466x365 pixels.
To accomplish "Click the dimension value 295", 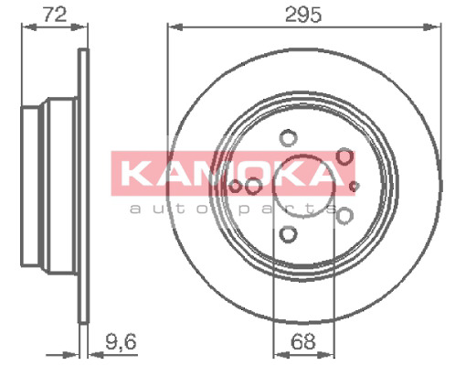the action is click(303, 15).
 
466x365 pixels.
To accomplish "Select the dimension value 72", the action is click(55, 15).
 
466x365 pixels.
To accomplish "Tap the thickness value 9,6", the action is click(121, 341).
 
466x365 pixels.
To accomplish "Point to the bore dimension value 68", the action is click(302, 341).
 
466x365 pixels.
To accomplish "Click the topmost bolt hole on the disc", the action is click(288, 138).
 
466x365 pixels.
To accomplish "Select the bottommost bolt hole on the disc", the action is click(288, 234).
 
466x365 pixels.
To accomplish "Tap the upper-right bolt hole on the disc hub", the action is click(344, 156).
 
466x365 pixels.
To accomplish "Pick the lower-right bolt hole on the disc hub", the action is click(344, 215).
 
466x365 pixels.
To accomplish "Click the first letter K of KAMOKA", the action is click(134, 173).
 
